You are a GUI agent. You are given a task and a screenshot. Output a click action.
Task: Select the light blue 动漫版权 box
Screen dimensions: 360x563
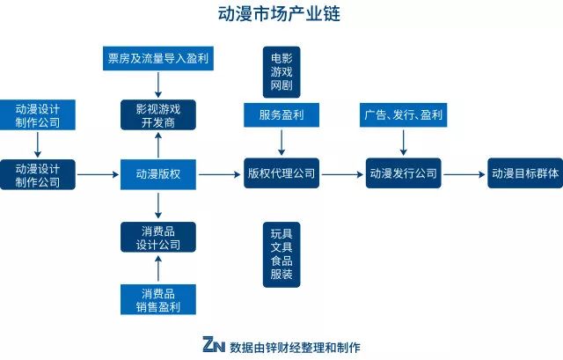click(x=158, y=174)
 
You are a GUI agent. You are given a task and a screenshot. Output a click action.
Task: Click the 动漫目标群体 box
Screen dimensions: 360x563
click(x=524, y=174)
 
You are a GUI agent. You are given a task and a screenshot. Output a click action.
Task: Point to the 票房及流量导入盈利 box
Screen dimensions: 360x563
click(x=158, y=59)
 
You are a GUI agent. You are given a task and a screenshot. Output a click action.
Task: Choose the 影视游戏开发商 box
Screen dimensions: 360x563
click(x=158, y=115)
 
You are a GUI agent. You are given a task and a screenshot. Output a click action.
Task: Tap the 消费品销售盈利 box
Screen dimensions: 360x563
click(x=158, y=299)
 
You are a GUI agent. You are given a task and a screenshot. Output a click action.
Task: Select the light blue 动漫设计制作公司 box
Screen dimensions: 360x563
click(x=38, y=115)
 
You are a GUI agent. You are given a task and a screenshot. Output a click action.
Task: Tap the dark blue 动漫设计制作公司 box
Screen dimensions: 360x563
click(x=38, y=174)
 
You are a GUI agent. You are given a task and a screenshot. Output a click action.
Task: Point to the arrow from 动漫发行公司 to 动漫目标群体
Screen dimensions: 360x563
click(x=464, y=174)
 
